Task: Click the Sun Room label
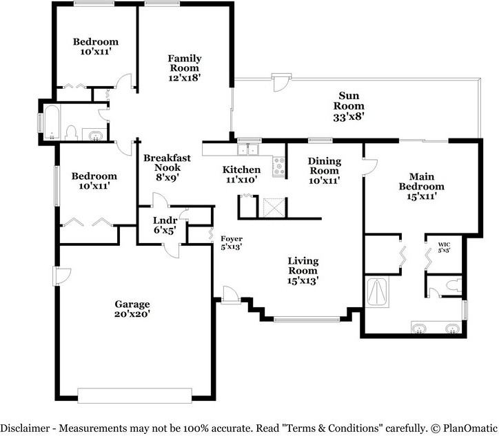pos(349,101)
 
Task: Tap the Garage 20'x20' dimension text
pos(132,314)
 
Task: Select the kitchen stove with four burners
pos(279,166)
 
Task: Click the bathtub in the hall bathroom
pos(52,123)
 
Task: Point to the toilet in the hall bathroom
pos(71,133)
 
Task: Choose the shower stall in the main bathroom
pos(378,292)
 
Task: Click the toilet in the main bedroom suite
pos(454,284)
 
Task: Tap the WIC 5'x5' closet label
pos(444,247)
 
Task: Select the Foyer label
pos(232,238)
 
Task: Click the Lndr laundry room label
pos(165,220)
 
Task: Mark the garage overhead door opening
pos(134,395)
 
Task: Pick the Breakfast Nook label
pos(167,163)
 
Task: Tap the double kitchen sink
pos(248,149)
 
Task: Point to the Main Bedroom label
pos(421,181)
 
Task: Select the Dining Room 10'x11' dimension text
pos(325,180)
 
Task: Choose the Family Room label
pos(185,63)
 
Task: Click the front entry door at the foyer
pos(230,295)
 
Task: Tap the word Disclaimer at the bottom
pos(25,428)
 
